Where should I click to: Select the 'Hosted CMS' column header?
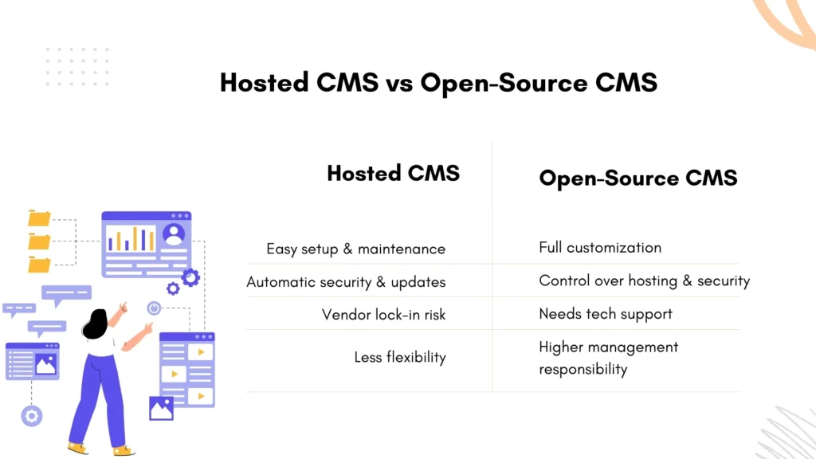click(x=393, y=173)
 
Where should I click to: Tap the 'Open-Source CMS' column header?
click(x=637, y=178)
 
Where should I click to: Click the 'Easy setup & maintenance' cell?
click(x=355, y=249)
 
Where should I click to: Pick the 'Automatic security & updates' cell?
click(x=346, y=282)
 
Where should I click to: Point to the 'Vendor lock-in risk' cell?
click(x=383, y=315)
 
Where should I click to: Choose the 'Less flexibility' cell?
click(x=399, y=357)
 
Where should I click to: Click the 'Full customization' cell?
click(x=599, y=248)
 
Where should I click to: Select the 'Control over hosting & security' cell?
click(x=644, y=280)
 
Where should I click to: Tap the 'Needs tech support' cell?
click(x=605, y=314)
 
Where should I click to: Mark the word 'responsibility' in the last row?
click(x=583, y=370)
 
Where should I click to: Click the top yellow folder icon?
click(x=39, y=218)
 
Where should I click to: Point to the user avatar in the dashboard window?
click(x=174, y=234)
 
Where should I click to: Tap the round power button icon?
click(x=154, y=308)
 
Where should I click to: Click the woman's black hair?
click(x=96, y=324)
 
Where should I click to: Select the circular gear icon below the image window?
click(x=32, y=415)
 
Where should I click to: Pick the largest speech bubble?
click(x=66, y=294)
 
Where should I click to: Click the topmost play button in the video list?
click(x=200, y=351)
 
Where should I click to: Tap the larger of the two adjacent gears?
click(x=190, y=277)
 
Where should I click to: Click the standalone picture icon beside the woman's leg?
click(x=161, y=408)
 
